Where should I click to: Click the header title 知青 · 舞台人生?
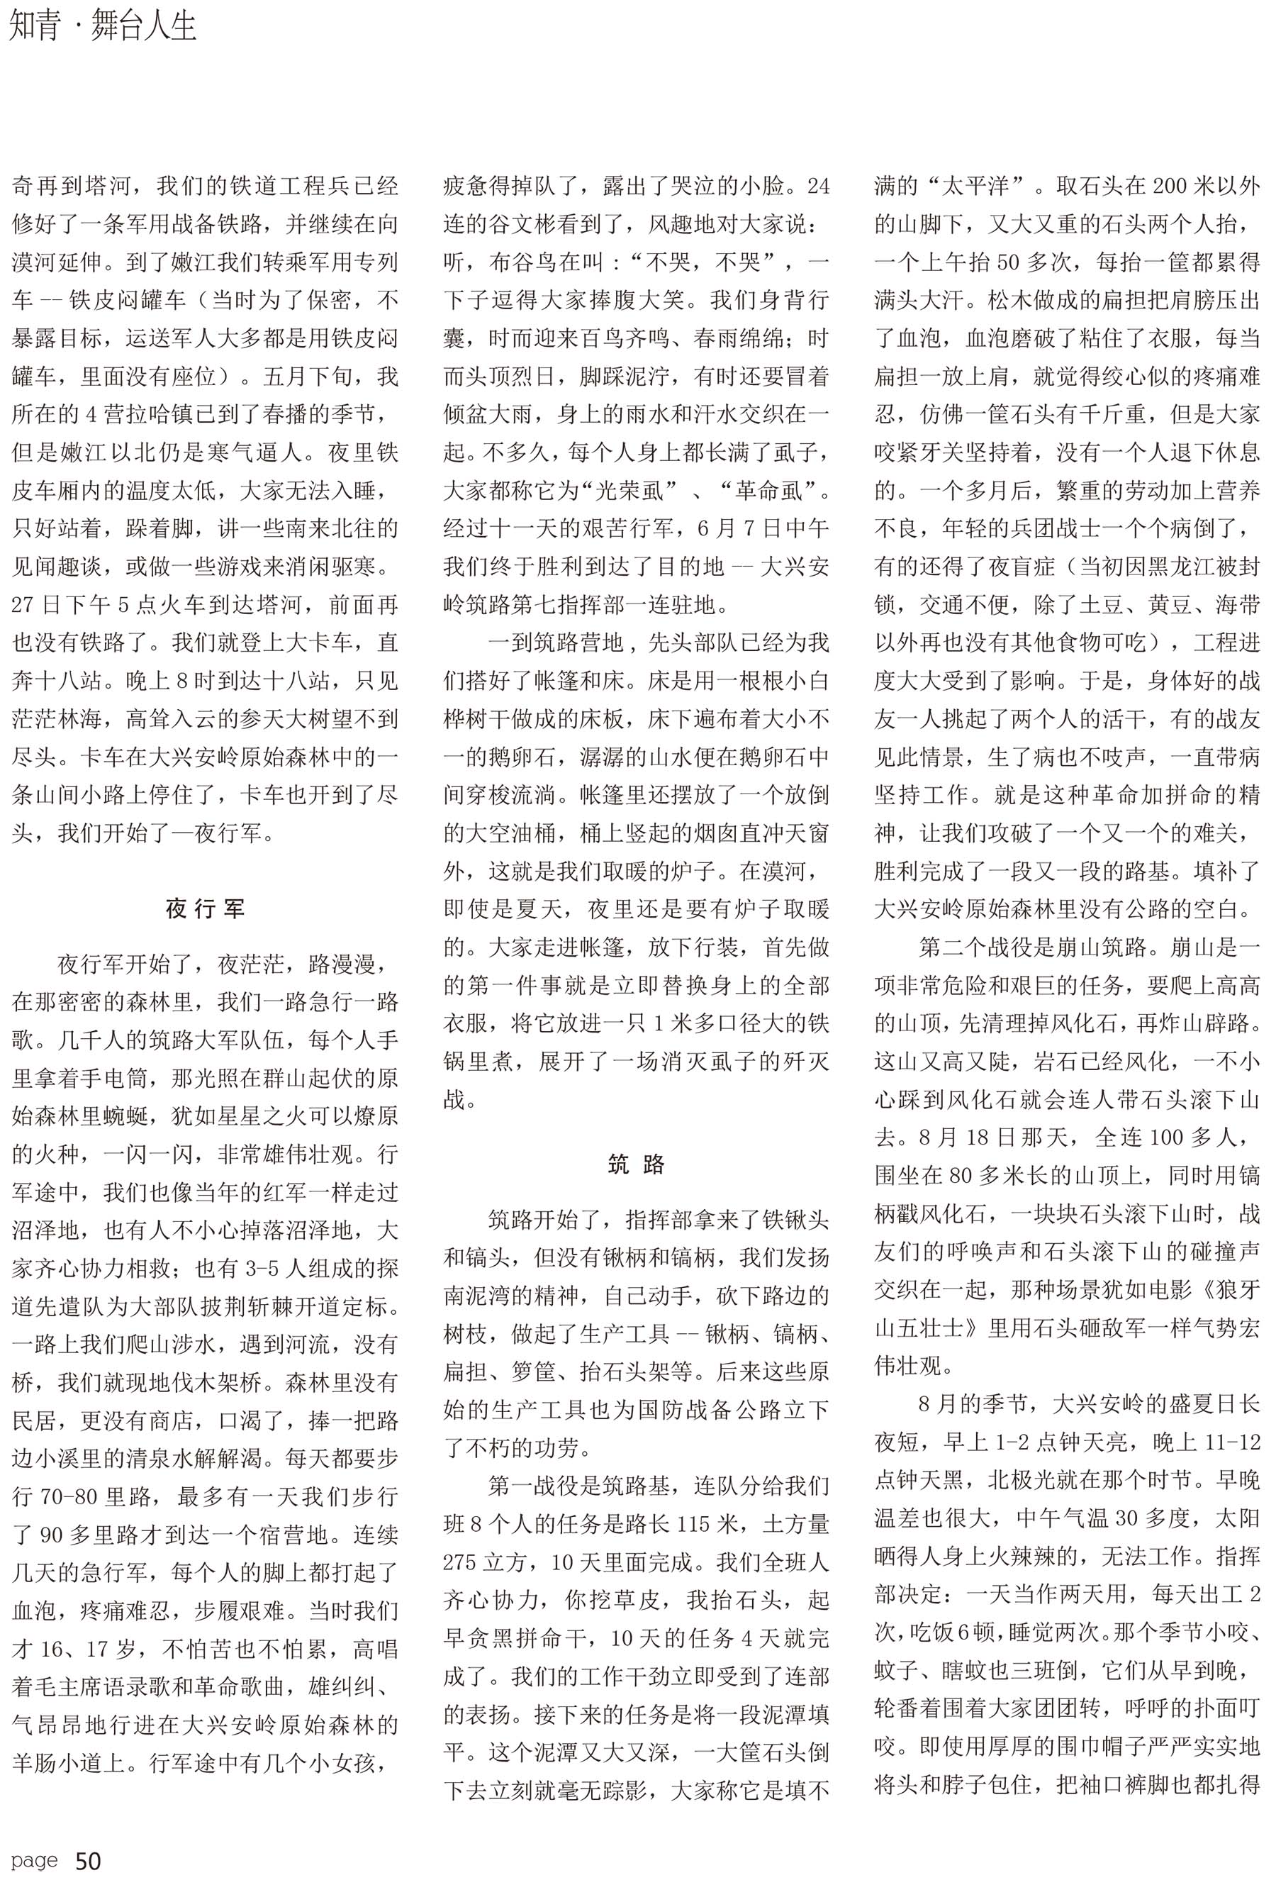click(103, 28)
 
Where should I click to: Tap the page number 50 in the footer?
click(88, 1861)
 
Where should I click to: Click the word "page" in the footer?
click(35, 1859)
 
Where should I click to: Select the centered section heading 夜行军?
click(205, 909)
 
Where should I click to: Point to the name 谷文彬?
click(522, 224)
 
